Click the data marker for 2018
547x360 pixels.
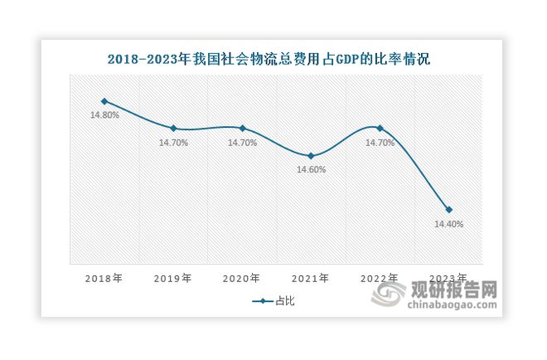(x=104, y=101)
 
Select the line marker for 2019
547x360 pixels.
(x=172, y=129)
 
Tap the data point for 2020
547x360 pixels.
(x=242, y=129)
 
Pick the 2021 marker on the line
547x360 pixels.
(x=311, y=156)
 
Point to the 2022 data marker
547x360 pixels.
(x=380, y=129)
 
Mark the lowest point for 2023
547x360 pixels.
(x=448, y=210)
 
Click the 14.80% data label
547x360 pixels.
(x=104, y=115)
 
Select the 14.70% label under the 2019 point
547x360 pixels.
(x=173, y=143)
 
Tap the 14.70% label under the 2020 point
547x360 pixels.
(x=242, y=143)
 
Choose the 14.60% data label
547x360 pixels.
(x=311, y=170)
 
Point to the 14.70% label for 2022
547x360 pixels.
(x=380, y=143)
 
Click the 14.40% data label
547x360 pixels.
(x=448, y=224)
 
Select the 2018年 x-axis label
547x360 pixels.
(x=104, y=279)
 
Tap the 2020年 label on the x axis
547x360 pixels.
(x=242, y=279)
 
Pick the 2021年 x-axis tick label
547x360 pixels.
(x=311, y=279)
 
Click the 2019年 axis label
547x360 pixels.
(x=172, y=279)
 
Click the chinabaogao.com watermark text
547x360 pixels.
(x=453, y=307)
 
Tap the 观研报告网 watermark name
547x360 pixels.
(x=465, y=290)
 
